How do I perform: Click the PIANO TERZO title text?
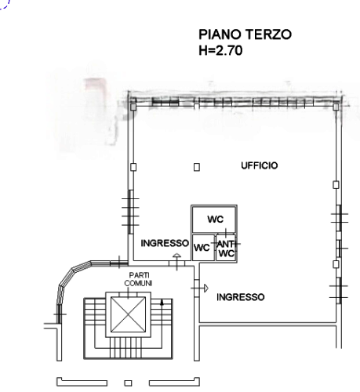[245, 34]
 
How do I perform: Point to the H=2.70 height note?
[220, 50]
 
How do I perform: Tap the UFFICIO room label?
[260, 165]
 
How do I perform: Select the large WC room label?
[216, 219]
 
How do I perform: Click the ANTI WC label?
[227, 249]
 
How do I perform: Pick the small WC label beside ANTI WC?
[202, 248]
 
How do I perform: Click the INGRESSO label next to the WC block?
[165, 243]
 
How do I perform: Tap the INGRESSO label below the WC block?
[241, 297]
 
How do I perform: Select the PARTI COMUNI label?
[138, 279]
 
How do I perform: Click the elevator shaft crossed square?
[128, 314]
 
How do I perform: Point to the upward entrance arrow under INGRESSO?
[177, 261]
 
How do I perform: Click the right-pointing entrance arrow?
[200, 289]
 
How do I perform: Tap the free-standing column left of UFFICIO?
[197, 167]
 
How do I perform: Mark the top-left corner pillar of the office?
[133, 107]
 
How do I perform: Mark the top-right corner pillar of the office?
[336, 107]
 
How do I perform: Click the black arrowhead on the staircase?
[162, 303]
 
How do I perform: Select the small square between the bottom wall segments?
[128, 383]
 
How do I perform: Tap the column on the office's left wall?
[133, 167]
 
